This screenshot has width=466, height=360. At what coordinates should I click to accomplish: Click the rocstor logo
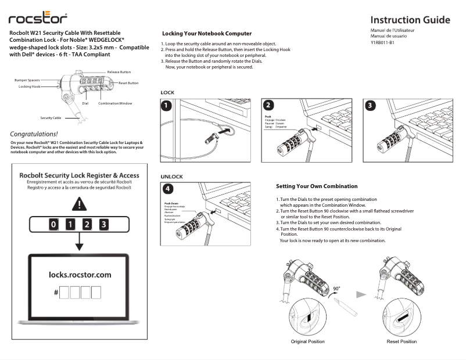38,20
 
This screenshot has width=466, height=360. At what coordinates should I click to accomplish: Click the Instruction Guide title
410,20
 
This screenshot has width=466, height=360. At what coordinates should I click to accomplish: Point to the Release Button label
119,72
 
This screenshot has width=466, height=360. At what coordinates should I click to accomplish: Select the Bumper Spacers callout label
27,80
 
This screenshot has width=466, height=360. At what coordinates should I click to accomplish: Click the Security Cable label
51,117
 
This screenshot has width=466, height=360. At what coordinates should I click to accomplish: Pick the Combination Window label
115,103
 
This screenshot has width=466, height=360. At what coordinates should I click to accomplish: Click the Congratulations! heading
38,134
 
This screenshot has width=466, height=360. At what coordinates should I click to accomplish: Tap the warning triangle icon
79,204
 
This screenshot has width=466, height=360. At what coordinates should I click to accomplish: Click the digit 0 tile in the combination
53,224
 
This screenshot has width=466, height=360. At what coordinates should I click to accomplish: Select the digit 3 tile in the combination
103,224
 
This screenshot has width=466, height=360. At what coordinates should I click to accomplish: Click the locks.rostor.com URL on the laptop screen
80,275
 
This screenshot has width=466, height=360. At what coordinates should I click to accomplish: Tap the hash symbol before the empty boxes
56,292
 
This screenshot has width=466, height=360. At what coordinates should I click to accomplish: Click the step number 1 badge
167,106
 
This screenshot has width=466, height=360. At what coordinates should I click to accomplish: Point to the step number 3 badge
370,106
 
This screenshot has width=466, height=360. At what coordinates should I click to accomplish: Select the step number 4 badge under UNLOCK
167,189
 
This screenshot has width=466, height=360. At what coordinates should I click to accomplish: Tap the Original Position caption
307,341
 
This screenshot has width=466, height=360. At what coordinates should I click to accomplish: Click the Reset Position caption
402,341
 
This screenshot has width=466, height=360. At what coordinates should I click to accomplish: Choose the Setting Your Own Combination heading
317,186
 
